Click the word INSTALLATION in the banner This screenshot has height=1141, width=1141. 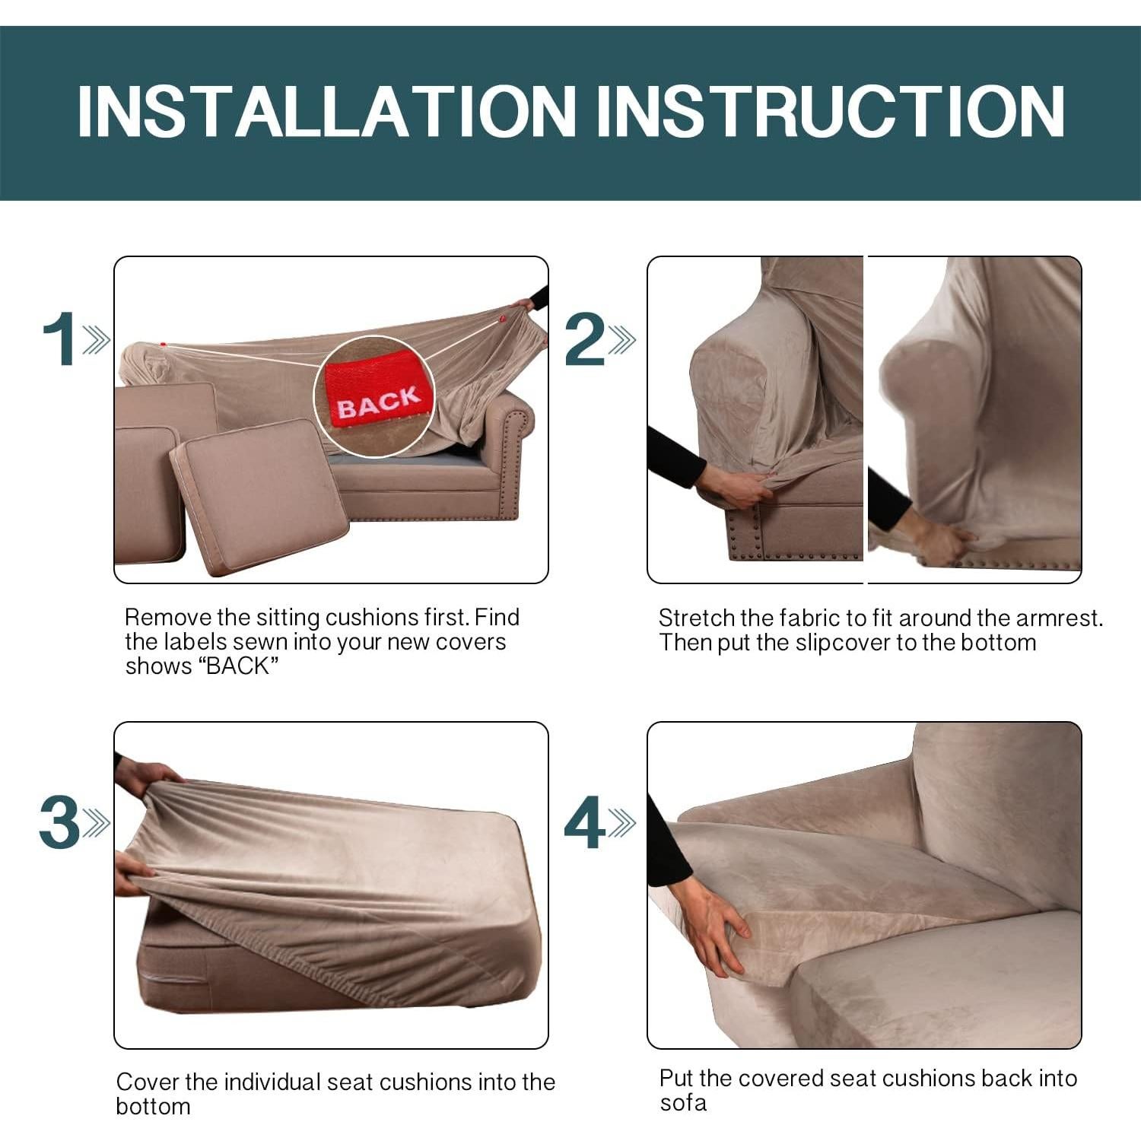(327, 112)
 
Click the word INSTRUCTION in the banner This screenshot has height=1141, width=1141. (829, 112)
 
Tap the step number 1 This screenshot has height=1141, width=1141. (59, 339)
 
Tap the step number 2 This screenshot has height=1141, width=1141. (584, 339)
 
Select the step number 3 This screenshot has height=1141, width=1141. (59, 822)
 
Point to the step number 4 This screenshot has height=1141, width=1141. (584, 822)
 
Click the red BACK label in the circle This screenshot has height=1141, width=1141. (377, 399)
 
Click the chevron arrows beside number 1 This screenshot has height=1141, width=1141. (97, 340)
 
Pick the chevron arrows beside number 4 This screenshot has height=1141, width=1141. (622, 823)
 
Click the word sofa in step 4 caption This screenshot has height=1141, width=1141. (682, 1103)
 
